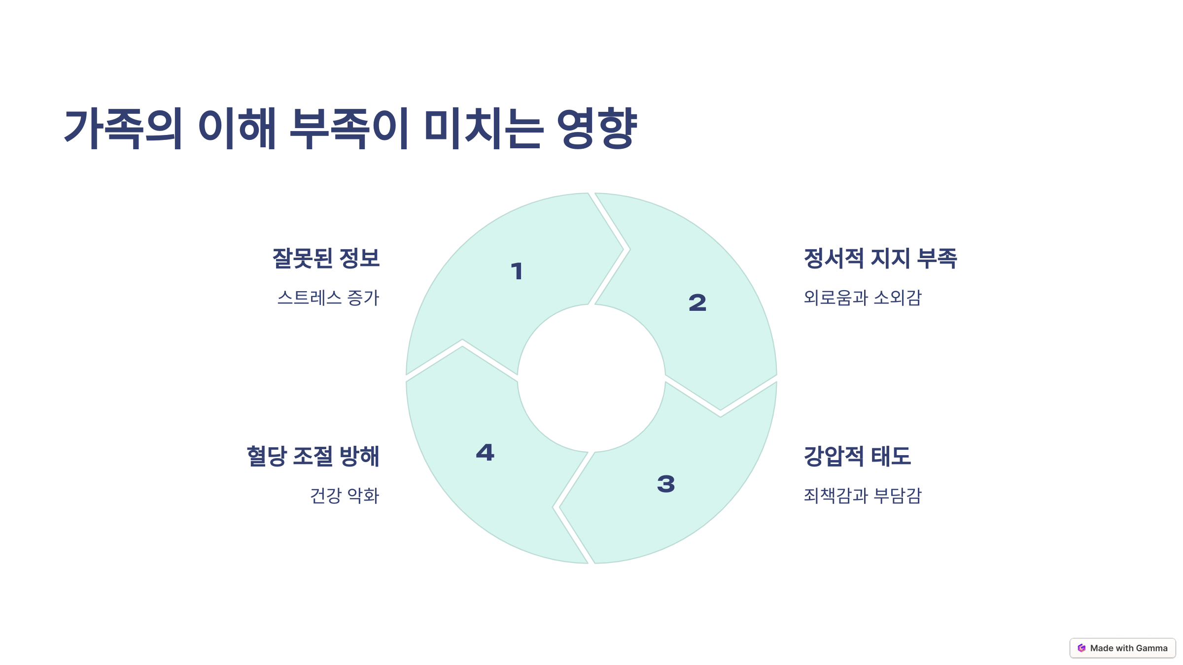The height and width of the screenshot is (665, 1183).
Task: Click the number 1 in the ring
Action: coord(517,271)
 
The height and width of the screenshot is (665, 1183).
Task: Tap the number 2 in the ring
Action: coord(697,302)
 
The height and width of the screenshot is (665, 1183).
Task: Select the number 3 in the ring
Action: coord(666,484)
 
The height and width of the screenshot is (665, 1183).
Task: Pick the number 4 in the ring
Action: coord(485,453)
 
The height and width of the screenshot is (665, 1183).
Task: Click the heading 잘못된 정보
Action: coord(326,258)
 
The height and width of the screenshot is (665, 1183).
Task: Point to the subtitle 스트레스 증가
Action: coord(328,298)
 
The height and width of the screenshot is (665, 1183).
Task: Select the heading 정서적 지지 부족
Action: coord(880,258)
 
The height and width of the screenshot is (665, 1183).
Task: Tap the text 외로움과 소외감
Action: coord(863,298)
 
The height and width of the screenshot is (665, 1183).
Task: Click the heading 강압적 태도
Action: coord(857,456)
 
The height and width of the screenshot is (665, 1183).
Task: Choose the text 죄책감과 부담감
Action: coord(863,495)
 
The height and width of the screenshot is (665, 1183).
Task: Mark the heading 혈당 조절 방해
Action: coord(313,456)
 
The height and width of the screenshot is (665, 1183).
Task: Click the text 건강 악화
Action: coord(345,495)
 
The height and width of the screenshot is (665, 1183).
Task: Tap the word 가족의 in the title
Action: coord(124,128)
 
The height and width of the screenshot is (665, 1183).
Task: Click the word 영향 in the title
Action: coord(597,128)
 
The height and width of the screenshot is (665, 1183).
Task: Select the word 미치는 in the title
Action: coord(484,128)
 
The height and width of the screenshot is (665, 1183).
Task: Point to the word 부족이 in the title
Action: coord(349,128)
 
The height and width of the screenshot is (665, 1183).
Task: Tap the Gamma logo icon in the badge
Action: coord(1081,648)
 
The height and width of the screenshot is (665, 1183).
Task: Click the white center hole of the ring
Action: coord(591,378)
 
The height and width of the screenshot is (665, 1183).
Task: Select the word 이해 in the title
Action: coord(237,128)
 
